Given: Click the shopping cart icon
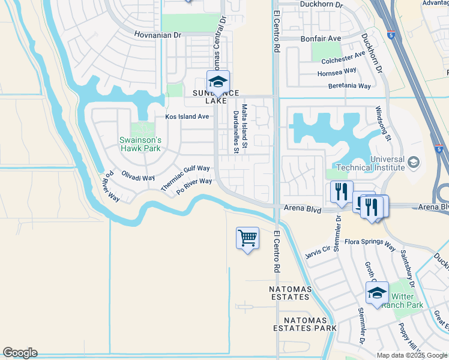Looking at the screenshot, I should point(247,239).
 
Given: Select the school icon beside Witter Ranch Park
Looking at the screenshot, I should point(376,293).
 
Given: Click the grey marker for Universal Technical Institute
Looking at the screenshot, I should point(413,163).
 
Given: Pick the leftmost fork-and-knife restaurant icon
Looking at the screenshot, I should point(341,193).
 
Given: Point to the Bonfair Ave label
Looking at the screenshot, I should point(320,38).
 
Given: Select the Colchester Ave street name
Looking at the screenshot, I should point(343,58).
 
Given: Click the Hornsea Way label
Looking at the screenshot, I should point(337,73).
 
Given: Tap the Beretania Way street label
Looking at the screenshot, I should point(349,86).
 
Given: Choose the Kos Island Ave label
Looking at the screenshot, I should point(187,116).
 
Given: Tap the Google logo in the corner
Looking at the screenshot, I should point(20,353).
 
